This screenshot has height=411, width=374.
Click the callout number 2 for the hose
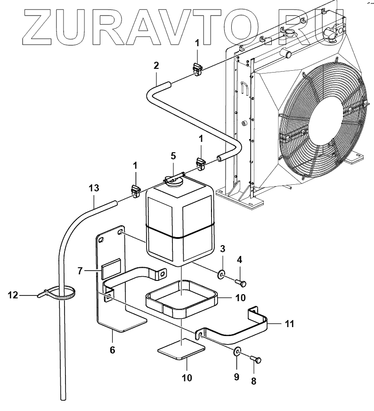pyautogui.click(x=156, y=66)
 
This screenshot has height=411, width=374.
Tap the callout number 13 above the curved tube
pyautogui.click(x=94, y=188)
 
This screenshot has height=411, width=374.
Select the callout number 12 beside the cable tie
pyautogui.click(x=13, y=296)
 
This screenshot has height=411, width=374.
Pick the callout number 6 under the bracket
pyautogui.click(x=113, y=350)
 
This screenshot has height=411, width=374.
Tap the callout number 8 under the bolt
pyautogui.click(x=253, y=381)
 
